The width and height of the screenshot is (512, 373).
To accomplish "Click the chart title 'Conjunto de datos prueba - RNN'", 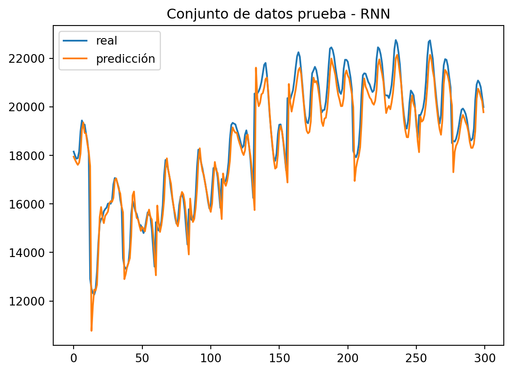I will (278, 14).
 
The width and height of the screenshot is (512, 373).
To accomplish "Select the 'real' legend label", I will (107, 41).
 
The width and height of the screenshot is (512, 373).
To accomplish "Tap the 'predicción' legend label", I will (126, 59).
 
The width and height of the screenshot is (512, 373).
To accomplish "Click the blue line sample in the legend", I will (75, 41).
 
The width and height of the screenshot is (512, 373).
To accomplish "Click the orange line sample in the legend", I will (75, 59).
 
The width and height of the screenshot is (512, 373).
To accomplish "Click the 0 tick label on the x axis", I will (74, 358).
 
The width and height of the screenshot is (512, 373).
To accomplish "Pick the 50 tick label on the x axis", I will (142, 358).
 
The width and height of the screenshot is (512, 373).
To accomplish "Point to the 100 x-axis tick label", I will (210, 358).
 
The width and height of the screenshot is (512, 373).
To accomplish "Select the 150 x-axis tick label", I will (279, 358).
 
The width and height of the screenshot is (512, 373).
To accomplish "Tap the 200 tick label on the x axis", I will (348, 358).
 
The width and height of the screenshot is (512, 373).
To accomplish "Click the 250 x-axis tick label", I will (416, 358).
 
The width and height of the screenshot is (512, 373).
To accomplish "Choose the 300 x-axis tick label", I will (485, 358).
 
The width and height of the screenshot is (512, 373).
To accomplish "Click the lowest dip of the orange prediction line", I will (91, 331).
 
